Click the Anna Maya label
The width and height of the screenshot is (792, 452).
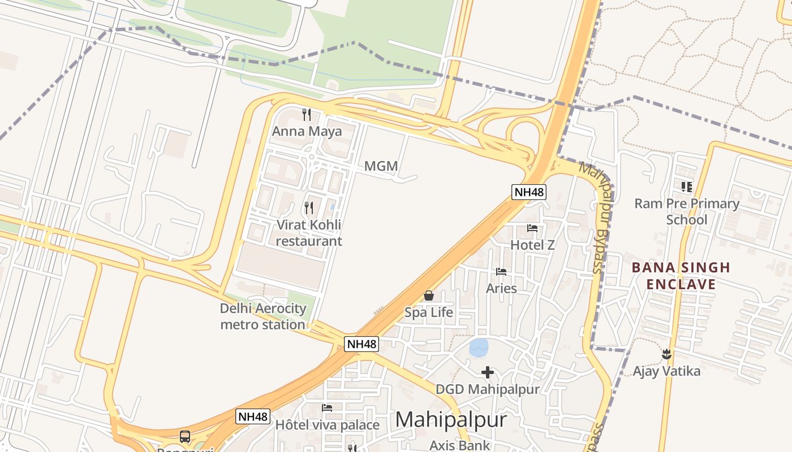click(307, 132)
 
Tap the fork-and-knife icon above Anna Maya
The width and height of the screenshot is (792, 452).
click(307, 115)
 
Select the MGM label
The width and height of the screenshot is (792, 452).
click(381, 166)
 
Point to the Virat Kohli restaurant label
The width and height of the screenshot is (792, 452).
click(309, 233)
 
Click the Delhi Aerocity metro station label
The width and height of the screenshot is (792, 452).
click(262, 316)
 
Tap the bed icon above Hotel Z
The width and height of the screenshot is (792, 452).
click(532, 228)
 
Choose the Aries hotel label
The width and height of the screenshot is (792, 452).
click(501, 288)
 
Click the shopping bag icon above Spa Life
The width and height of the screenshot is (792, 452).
click(429, 295)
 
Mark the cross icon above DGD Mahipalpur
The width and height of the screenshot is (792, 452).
click(487, 372)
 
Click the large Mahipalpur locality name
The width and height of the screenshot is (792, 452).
click(450, 420)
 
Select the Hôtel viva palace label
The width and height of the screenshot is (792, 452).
click(327, 425)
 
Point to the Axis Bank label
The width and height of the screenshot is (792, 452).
click(459, 445)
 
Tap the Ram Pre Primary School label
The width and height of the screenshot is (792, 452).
click(687, 211)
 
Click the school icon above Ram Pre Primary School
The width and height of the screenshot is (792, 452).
click(687, 186)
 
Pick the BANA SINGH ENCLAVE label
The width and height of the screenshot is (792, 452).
click(681, 275)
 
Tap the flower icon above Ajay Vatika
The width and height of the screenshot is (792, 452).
click(666, 354)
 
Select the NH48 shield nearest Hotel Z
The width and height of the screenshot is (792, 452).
click(529, 192)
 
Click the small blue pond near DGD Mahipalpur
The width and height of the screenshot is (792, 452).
click(479, 347)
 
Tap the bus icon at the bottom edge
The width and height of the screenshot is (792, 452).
click(185, 437)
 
